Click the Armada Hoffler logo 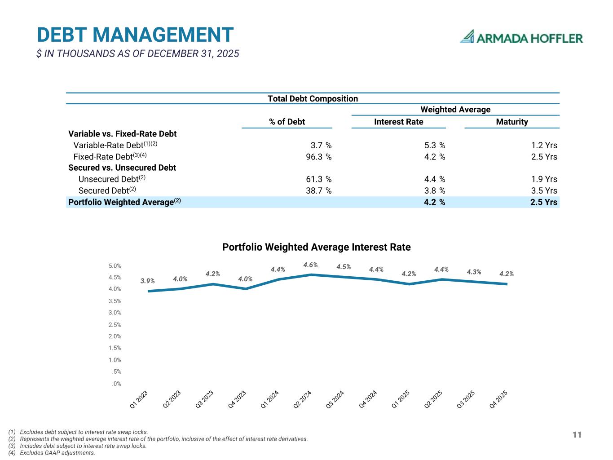coord(521,37)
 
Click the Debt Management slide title coord(135,35)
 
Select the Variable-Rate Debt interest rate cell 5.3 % coord(434,145)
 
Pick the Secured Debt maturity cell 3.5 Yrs coord(544,190)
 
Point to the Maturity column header coord(512,122)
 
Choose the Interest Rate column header coord(398,122)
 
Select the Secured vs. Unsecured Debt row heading coord(122,168)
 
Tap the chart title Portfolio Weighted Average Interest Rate coord(316,247)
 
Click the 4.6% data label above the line coord(310,265)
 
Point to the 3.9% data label coord(147,281)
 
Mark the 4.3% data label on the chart coord(474,272)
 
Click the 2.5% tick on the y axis coord(115,324)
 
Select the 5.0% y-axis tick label coord(115,266)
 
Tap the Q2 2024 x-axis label coord(302,399)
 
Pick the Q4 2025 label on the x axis coord(498,399)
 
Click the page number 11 coord(577,434)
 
